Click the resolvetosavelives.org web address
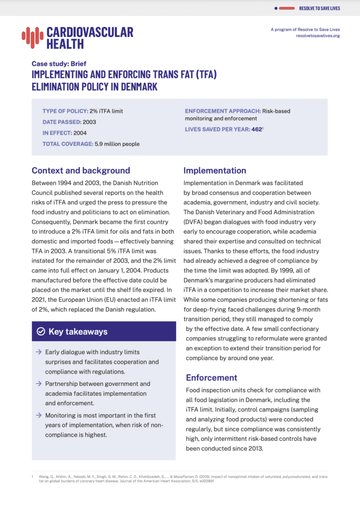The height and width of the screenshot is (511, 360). click(x=318, y=36)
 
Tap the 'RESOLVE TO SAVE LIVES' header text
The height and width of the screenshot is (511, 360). click(x=319, y=8)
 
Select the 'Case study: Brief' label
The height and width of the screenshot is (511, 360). click(x=59, y=64)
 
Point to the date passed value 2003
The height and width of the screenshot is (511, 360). click(x=89, y=122)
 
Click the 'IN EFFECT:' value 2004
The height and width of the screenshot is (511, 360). click(x=80, y=133)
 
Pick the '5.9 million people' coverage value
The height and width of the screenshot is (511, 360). click(x=117, y=144)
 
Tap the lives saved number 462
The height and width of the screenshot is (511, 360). click(x=256, y=129)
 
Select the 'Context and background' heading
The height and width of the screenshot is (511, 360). click(x=81, y=170)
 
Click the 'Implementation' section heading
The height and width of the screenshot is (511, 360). click(x=215, y=170)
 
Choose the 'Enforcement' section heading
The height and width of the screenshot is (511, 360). click(x=211, y=377)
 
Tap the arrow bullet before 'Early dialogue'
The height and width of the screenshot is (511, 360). click(x=38, y=352)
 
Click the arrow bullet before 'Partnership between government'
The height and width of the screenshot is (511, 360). click(x=38, y=384)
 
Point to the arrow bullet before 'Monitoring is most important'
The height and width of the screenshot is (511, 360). click(x=38, y=415)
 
